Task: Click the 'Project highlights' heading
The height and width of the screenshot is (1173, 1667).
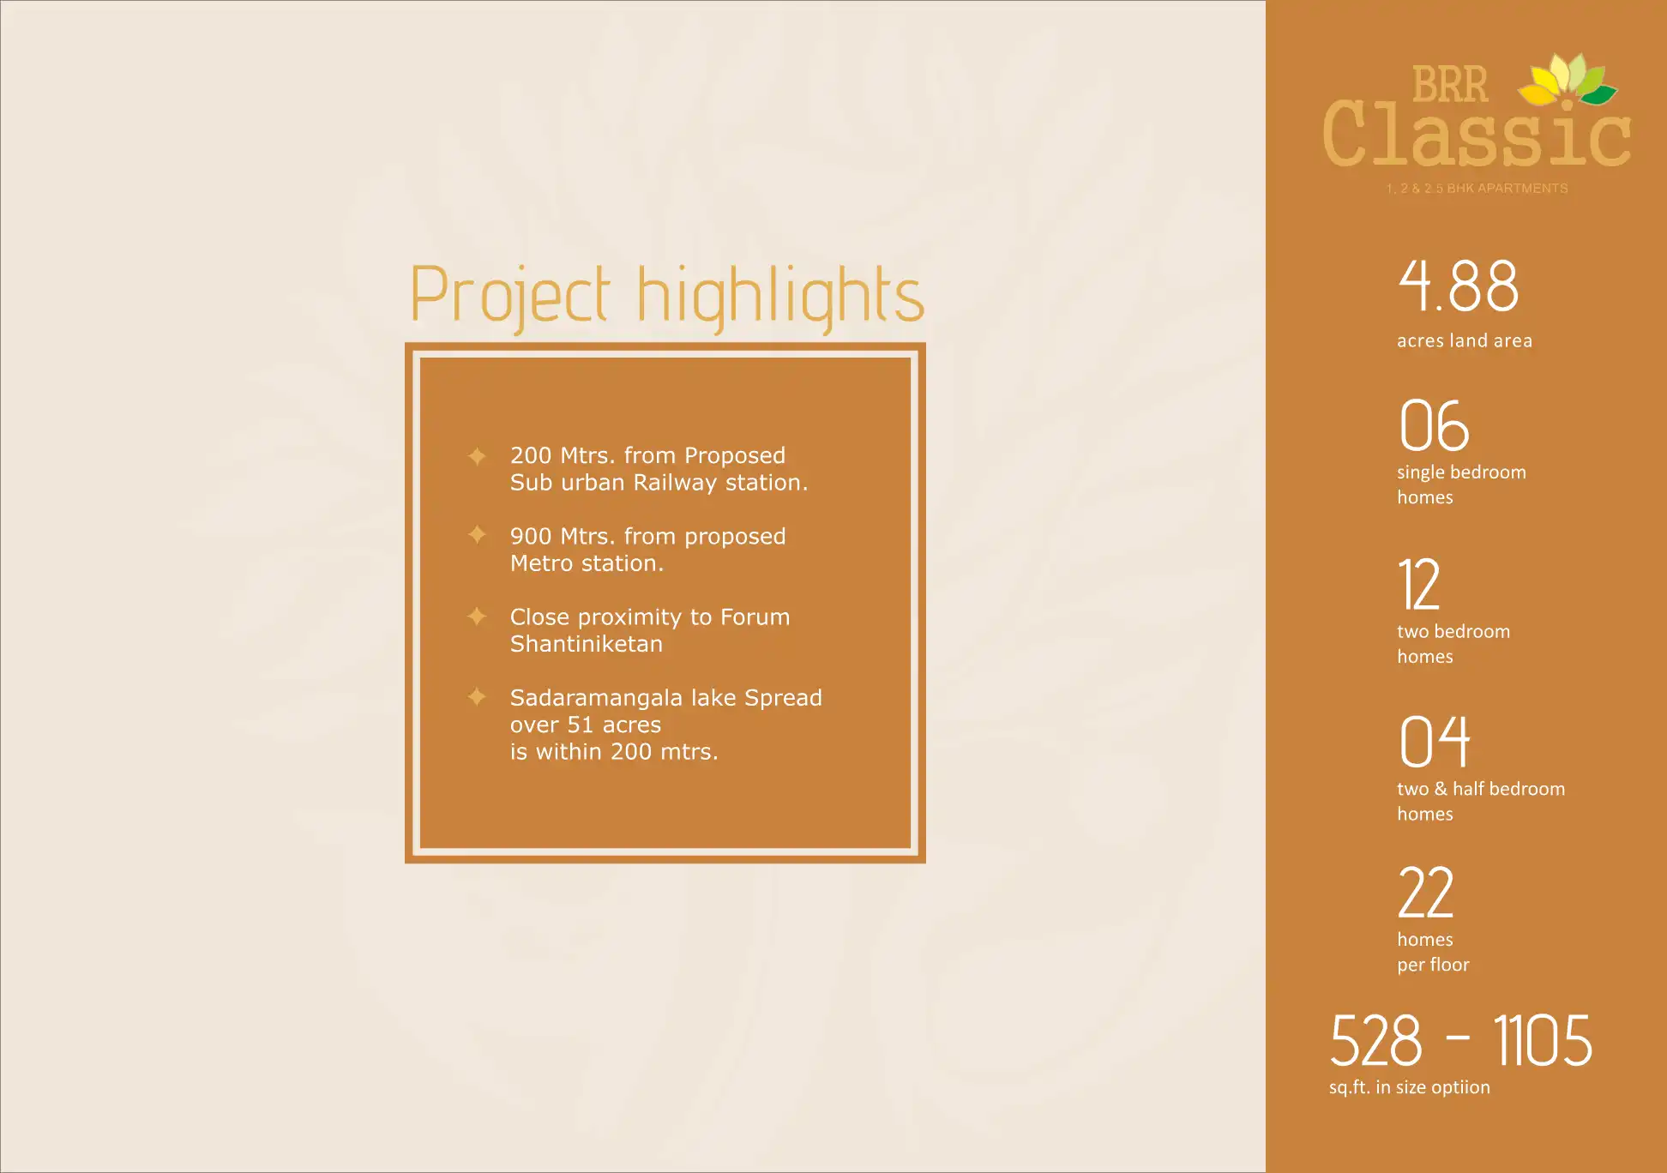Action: point(667,296)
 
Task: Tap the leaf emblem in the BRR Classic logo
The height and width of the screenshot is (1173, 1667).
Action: point(1568,80)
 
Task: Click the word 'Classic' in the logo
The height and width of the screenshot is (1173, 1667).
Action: point(1477,135)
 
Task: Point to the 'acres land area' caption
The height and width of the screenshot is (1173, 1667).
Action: point(1465,340)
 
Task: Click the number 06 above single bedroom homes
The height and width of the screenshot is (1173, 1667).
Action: point(1434,425)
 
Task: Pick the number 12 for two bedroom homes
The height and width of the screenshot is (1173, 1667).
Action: point(1419,584)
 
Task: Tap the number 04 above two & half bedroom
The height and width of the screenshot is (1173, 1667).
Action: point(1435,742)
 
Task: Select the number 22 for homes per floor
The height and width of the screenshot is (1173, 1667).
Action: point(1426,893)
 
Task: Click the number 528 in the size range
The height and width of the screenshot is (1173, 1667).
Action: point(1375,1041)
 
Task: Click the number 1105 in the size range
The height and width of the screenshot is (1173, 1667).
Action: point(1543,1041)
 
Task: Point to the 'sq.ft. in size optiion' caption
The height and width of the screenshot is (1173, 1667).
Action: point(1410,1087)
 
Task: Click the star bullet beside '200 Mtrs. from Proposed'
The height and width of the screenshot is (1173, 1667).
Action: point(477,455)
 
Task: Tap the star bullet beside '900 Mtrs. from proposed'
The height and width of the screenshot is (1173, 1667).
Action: point(477,535)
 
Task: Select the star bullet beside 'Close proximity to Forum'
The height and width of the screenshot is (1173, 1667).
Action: point(477,617)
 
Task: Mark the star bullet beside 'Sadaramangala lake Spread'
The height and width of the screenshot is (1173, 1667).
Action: point(477,697)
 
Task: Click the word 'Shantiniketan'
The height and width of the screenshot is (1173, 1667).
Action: point(587,644)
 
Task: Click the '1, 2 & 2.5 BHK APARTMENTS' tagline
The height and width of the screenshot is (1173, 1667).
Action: point(1477,189)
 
